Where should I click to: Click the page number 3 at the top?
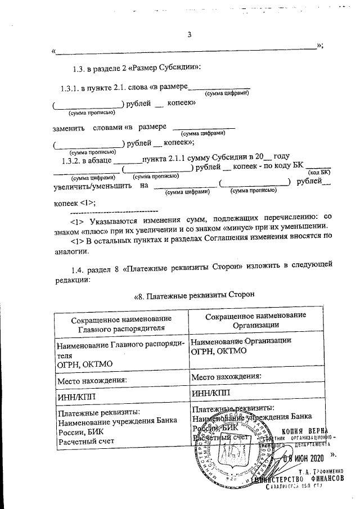190,35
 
